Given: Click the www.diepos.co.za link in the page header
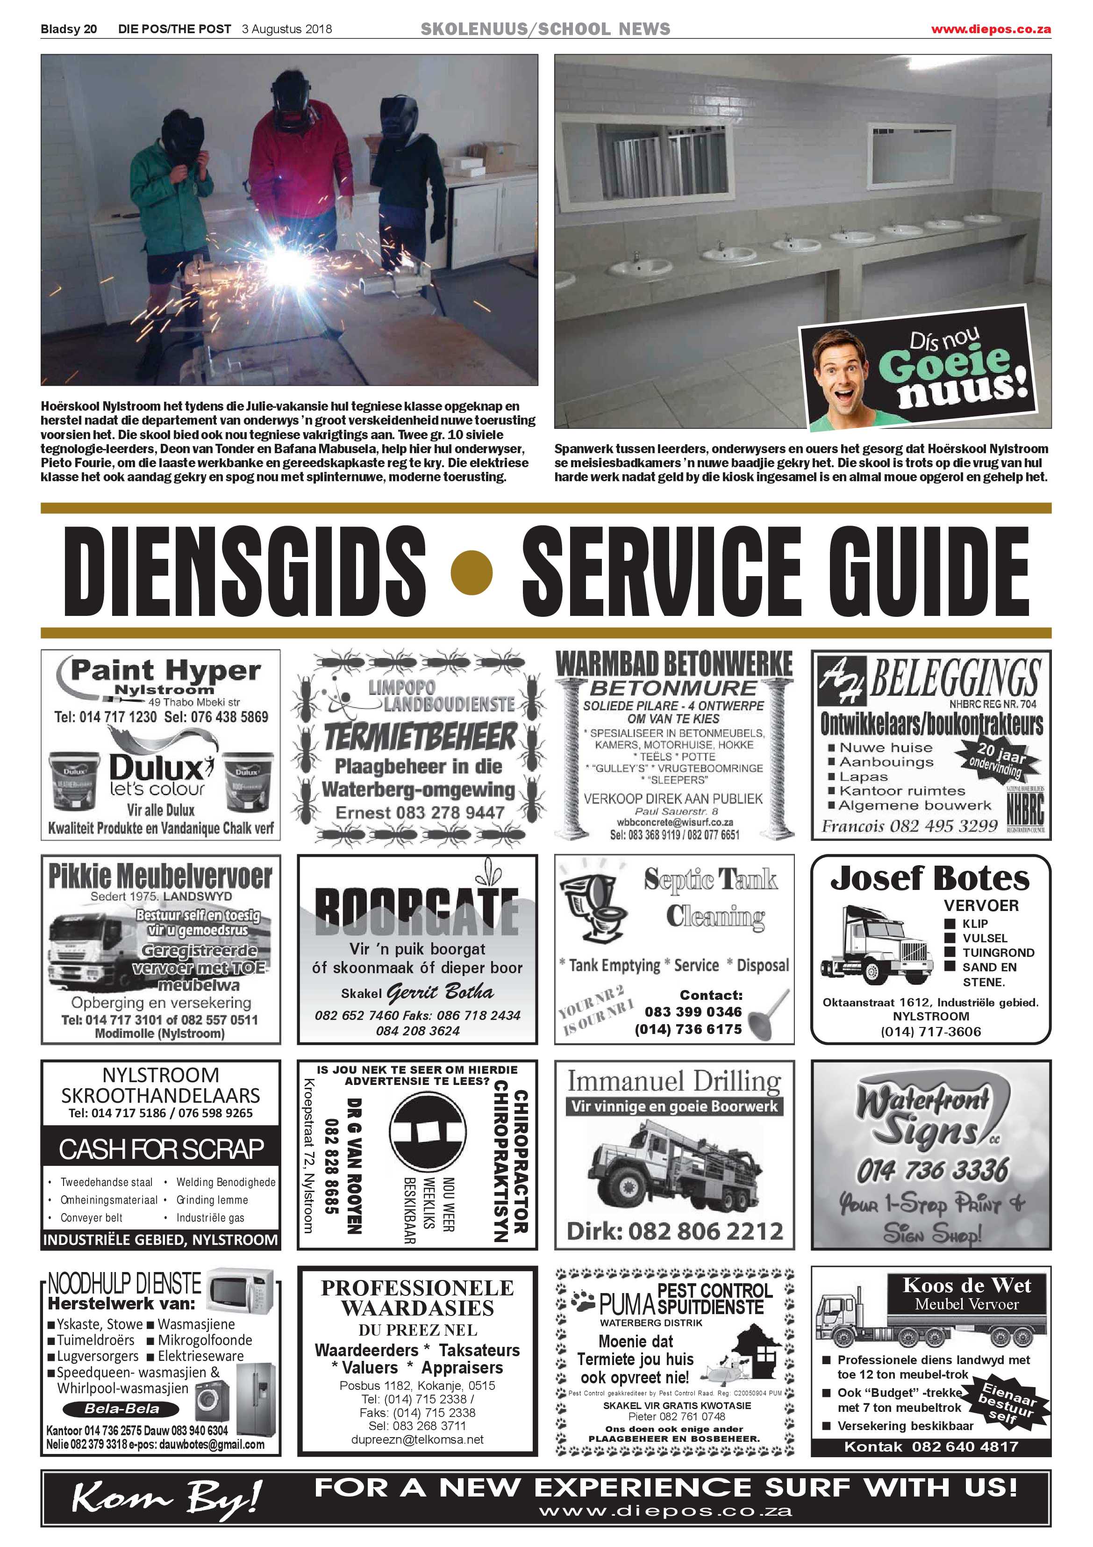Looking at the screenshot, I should click(990, 29).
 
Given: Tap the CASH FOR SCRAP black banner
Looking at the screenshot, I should click(160, 1149).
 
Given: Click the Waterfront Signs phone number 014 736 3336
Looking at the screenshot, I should click(932, 1171).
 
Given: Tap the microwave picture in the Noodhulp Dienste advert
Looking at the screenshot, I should click(240, 1291).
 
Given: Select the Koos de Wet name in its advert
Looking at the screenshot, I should click(966, 1286).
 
